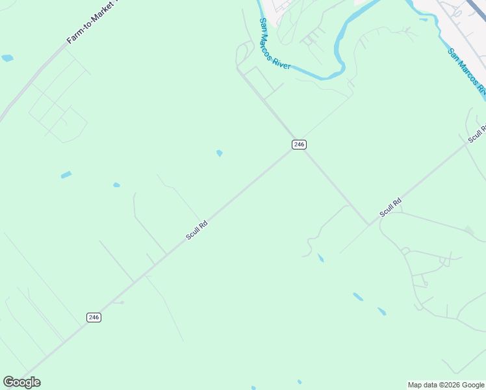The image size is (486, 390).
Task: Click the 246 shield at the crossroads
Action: (x=299, y=144)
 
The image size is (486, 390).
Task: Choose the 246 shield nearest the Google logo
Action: (x=94, y=317)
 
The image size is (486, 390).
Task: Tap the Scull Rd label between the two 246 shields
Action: (x=196, y=229)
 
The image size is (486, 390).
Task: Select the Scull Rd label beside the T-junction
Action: (x=390, y=208)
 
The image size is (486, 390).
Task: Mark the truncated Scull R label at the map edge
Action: (x=477, y=133)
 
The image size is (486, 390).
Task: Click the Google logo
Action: (x=21, y=382)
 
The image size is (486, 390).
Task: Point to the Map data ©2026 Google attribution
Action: (x=446, y=385)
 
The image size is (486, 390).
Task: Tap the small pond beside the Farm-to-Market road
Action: (x=7, y=58)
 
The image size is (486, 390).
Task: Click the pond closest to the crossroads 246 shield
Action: (x=220, y=153)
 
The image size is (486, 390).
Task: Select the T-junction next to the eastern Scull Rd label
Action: (x=369, y=225)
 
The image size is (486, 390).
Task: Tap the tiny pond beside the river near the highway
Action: (x=424, y=19)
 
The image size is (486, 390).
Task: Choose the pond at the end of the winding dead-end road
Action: (x=320, y=258)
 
